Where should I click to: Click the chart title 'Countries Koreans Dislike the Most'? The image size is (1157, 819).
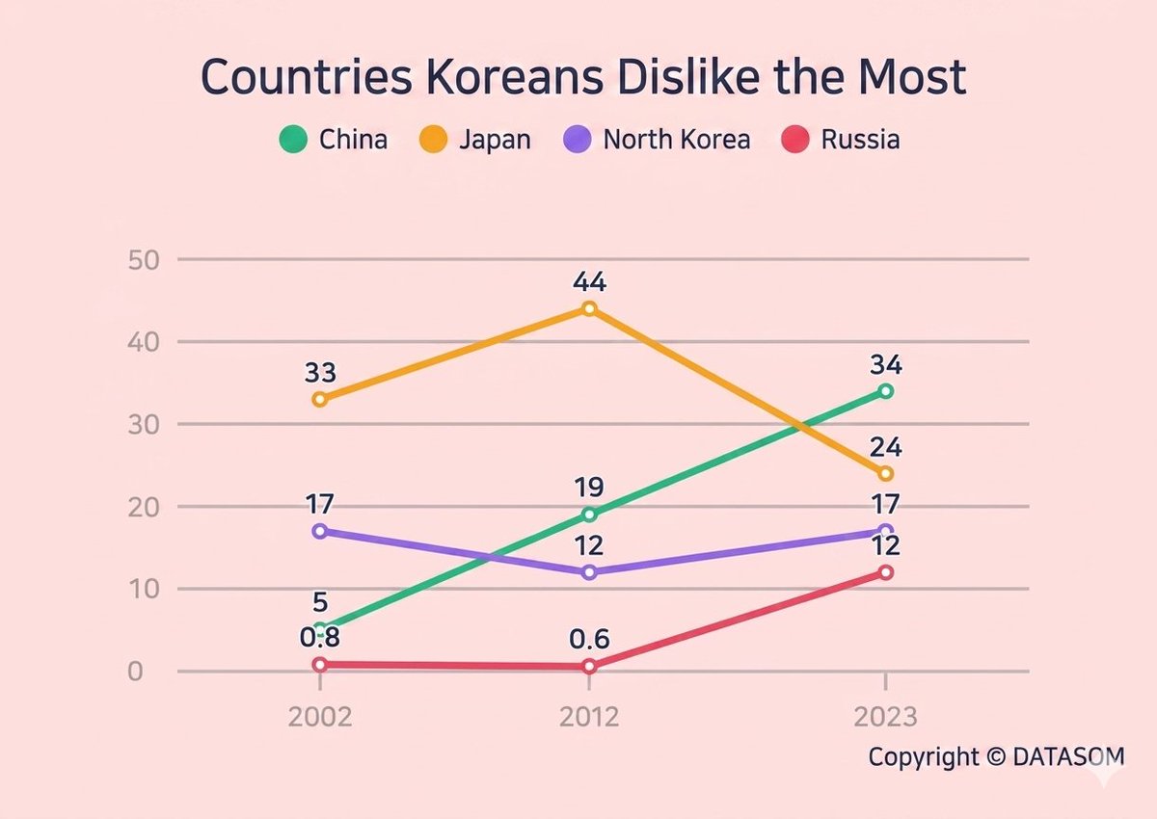click(583, 78)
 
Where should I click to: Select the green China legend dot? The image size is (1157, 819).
click(291, 140)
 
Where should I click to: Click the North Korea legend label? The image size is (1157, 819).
click(676, 140)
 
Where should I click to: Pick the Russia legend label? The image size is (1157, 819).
click(860, 140)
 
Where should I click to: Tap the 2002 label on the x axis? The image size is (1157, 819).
click(319, 719)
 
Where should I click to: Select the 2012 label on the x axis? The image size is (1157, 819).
click(589, 719)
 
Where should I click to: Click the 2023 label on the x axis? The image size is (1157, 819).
click(885, 719)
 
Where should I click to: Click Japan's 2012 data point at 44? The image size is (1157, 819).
click(589, 308)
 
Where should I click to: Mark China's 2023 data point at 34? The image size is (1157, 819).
click(885, 391)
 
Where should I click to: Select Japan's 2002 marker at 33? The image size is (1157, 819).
click(319, 399)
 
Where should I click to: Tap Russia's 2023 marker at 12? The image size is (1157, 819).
click(885, 572)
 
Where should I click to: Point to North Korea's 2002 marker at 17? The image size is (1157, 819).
click(319, 531)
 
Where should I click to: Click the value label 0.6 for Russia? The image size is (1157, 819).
click(589, 639)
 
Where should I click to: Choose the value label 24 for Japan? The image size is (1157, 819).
click(885, 448)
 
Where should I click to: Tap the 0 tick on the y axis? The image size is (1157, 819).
click(136, 671)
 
